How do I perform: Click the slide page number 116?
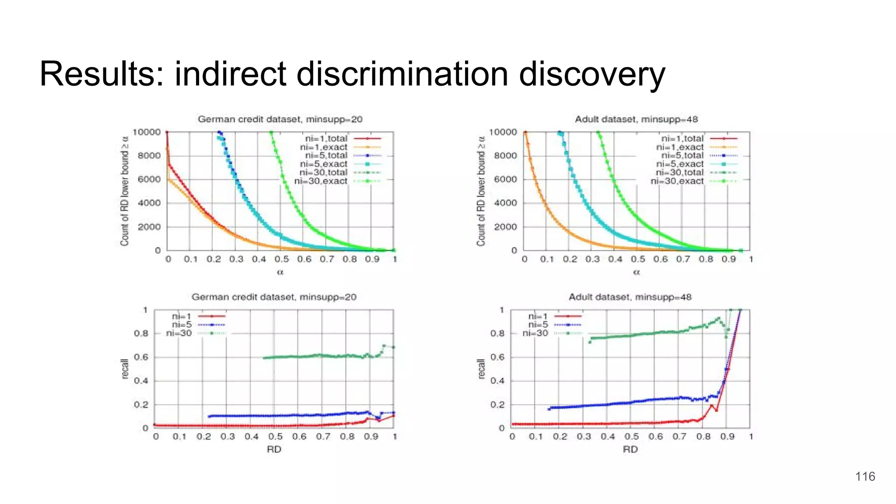tap(865, 476)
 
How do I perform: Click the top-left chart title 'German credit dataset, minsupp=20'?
tap(280, 119)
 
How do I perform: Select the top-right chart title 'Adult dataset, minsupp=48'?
tap(636, 119)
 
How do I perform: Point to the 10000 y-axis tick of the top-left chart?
tap(147, 132)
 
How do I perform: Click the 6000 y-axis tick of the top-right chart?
tap(505, 179)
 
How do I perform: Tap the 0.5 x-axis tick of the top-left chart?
tap(281, 259)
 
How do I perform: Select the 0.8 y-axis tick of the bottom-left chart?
tap(141, 333)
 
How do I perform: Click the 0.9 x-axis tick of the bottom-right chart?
tap(727, 437)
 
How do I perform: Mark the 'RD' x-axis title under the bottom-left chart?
tap(274, 449)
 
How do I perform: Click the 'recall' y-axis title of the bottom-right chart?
tap(481, 369)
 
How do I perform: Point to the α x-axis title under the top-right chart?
tap(637, 272)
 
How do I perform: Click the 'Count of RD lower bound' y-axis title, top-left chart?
tap(125, 190)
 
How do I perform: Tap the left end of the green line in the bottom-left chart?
tap(264, 358)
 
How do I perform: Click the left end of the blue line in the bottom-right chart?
tap(549, 409)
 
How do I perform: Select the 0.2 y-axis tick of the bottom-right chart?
tap(497, 405)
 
